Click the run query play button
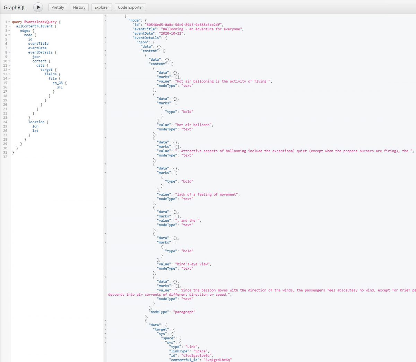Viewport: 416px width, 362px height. click(38, 7)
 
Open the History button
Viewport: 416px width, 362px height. click(79, 7)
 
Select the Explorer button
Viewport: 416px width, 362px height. click(102, 7)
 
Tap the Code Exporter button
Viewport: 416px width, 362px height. click(130, 7)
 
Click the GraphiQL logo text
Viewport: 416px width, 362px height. click(15, 8)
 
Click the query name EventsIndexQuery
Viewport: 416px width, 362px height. click(40, 22)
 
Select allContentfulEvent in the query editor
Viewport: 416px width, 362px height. click(34, 26)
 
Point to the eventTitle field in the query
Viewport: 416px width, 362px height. click(38, 43)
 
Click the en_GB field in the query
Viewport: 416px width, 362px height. click(58, 83)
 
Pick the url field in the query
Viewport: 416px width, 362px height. click(60, 87)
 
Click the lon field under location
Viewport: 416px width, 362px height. click(35, 126)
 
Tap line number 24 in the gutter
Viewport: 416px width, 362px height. click(5, 122)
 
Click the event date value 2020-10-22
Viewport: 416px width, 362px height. click(171, 33)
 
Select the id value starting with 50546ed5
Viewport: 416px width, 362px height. click(183, 25)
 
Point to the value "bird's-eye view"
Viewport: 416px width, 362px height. click(192, 264)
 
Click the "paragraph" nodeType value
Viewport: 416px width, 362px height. click(184, 312)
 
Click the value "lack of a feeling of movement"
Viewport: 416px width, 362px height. click(207, 194)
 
